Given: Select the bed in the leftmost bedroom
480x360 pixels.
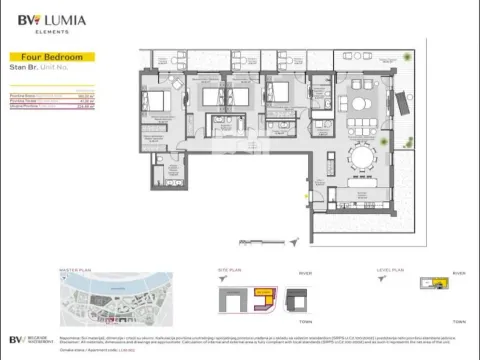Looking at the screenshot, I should tap(160, 102).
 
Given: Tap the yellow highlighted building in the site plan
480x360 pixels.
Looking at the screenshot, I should tap(265, 296).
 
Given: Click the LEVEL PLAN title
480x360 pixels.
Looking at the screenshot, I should tap(390, 270).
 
